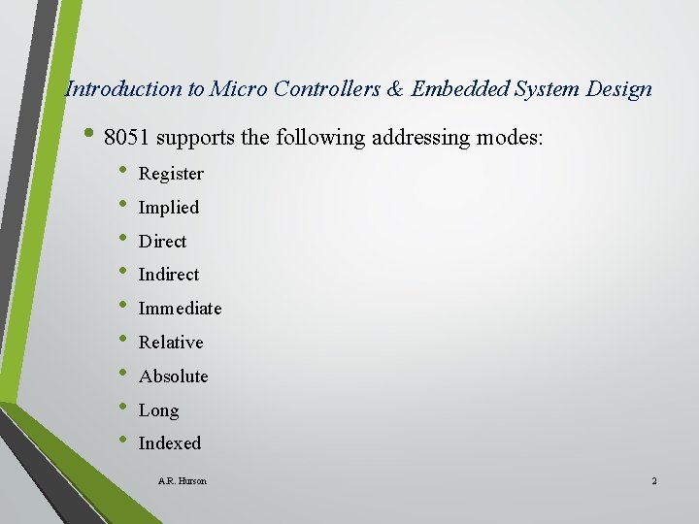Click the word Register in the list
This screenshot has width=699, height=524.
(x=171, y=174)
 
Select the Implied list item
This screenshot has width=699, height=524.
(x=169, y=208)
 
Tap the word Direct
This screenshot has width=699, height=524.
(x=162, y=242)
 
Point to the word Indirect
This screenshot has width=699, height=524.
(x=169, y=275)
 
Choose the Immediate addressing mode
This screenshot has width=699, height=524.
(x=180, y=309)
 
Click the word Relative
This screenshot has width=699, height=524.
(x=171, y=343)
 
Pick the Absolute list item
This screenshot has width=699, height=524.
(x=174, y=377)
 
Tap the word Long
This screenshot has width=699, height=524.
(x=159, y=410)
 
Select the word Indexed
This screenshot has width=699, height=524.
(x=170, y=443)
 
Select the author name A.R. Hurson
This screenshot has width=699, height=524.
(x=182, y=481)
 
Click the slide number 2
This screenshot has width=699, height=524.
(x=654, y=481)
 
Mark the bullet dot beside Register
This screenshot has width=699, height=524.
(x=122, y=172)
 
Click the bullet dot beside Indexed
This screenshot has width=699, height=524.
(x=122, y=442)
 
